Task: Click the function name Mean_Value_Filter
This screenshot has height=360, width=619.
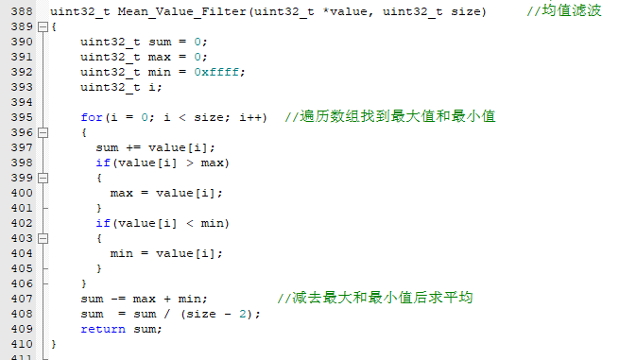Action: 181,12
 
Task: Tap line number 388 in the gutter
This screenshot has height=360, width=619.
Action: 22,11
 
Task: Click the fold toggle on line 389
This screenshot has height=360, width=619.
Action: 43,26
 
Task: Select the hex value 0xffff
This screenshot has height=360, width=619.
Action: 216,72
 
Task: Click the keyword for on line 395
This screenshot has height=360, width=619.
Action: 92,117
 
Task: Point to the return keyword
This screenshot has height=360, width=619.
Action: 103,329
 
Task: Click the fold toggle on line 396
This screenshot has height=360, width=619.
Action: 43,132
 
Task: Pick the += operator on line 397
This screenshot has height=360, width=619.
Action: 133,148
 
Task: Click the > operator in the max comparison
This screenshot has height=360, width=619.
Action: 190,163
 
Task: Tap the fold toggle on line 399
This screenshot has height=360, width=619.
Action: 43,178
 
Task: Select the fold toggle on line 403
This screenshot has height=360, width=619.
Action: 43,238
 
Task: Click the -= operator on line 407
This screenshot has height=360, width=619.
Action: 118,300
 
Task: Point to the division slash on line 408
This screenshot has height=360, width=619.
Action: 167,315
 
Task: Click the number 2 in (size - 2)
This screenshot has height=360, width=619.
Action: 243,315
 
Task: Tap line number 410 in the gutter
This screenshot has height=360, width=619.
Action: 22,344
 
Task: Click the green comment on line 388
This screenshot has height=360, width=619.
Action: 564,10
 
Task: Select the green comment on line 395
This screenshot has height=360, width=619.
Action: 390,117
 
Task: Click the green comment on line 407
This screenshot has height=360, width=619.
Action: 375,298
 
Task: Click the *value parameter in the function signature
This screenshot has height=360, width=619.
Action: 345,12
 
